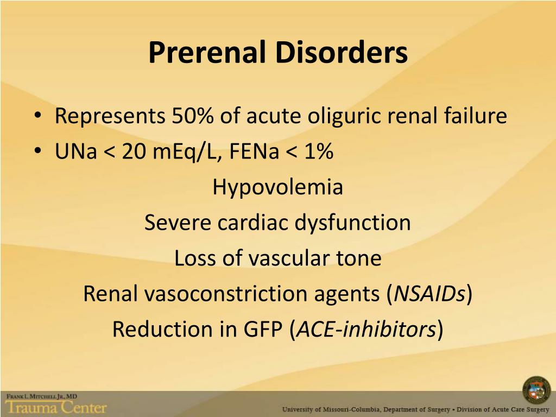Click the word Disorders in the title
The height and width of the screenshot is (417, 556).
point(341,53)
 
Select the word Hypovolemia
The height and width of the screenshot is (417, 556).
point(277,188)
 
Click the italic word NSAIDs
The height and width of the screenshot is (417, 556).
point(429,294)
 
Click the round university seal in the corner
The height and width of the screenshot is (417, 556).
point(536,389)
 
